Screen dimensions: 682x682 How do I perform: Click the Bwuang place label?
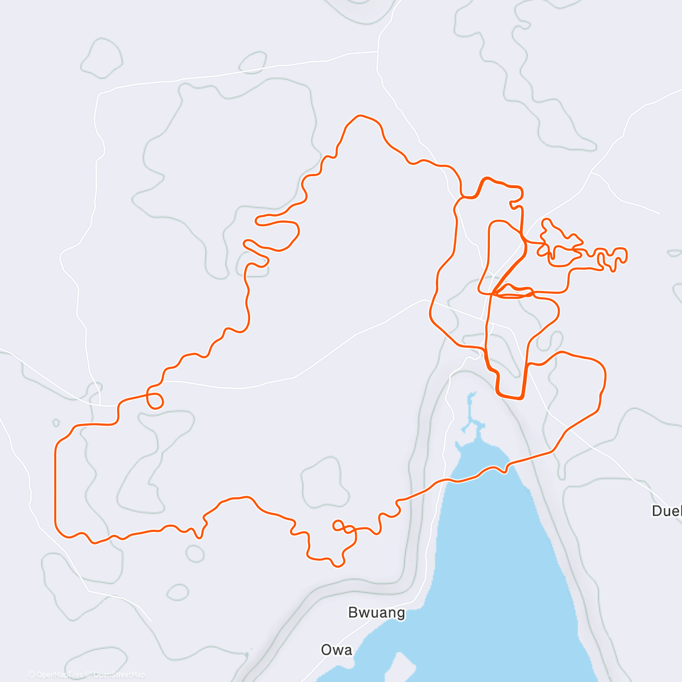[x=376, y=613]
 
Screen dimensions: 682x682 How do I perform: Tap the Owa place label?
[x=336, y=650]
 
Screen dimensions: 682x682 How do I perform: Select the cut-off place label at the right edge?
[x=667, y=511]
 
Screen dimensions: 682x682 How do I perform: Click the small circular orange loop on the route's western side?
[x=155, y=400]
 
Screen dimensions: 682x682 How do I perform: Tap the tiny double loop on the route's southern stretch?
[x=341, y=527]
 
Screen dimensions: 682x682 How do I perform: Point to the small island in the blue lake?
[x=402, y=665]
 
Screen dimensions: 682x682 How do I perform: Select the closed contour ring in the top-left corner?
[x=102, y=59]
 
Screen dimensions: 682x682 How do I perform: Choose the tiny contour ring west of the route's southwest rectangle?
[x=56, y=423]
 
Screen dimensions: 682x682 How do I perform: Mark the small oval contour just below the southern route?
[x=195, y=554]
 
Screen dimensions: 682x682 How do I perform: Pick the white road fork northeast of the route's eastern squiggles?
[x=593, y=171]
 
